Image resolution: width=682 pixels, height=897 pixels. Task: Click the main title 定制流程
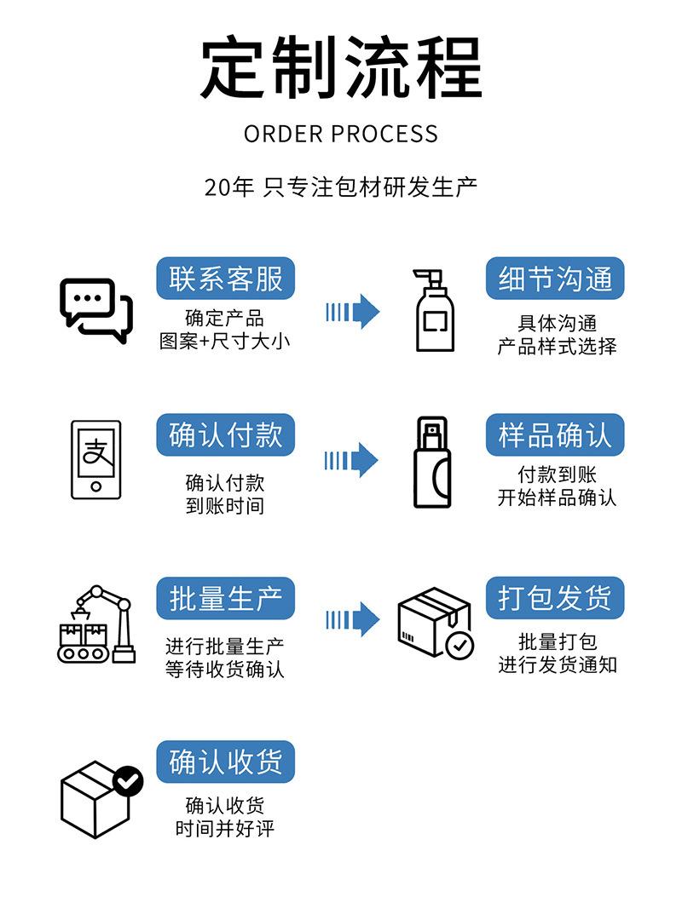(x=341, y=67)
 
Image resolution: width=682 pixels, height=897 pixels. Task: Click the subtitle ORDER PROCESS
(x=341, y=134)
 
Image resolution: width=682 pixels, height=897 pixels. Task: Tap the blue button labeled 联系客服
(x=225, y=279)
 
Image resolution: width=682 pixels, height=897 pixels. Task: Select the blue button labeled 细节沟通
(x=555, y=279)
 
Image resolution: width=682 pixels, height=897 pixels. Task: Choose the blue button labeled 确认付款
(x=225, y=435)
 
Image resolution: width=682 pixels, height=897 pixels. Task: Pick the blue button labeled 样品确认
(x=555, y=435)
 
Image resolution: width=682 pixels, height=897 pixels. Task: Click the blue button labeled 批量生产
(x=225, y=599)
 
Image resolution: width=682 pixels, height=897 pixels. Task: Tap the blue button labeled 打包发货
(x=555, y=599)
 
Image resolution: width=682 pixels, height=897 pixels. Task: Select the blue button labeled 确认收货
(x=225, y=762)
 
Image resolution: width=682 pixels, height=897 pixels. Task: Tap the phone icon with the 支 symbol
(x=95, y=458)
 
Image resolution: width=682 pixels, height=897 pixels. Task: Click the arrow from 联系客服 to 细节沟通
(x=352, y=312)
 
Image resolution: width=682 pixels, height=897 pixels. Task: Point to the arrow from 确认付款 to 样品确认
(x=351, y=461)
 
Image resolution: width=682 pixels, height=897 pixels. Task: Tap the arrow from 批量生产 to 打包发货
(x=352, y=619)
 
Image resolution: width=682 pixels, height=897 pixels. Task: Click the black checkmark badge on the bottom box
(x=129, y=779)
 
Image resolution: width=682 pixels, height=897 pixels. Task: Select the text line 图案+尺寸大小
(x=224, y=342)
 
